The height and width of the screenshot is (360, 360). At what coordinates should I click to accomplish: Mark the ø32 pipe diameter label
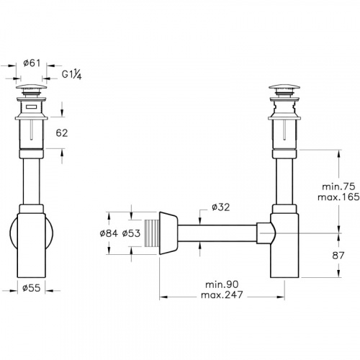(x=220, y=209)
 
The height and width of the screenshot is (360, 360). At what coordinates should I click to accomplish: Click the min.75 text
(x=320, y=185)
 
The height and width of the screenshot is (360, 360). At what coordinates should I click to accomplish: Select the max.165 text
(x=320, y=196)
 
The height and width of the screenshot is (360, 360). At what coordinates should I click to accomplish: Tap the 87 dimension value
(x=321, y=255)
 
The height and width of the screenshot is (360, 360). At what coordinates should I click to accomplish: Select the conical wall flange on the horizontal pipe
(x=169, y=232)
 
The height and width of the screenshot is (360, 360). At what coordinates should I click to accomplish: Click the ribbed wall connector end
(x=150, y=232)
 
